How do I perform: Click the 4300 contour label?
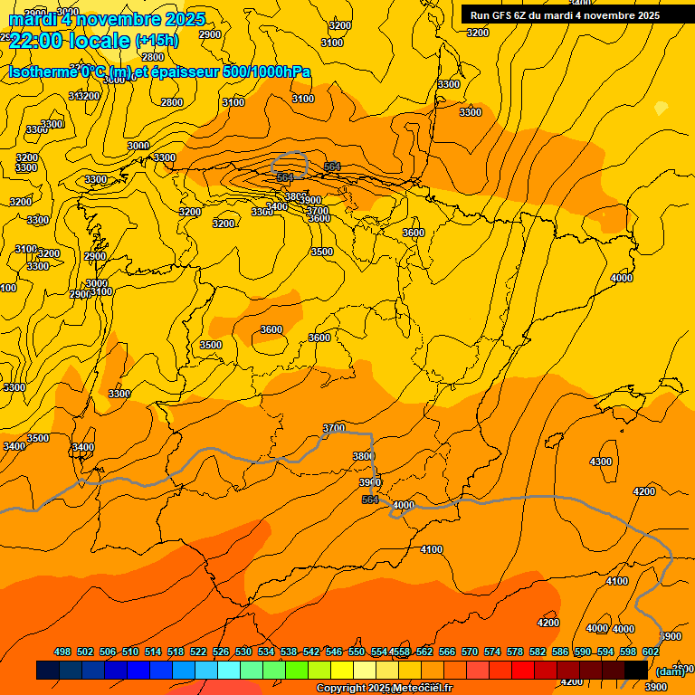point(601,462)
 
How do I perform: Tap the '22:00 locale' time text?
point(70,39)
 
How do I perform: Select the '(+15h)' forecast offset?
point(157,41)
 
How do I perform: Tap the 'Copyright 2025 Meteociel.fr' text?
point(384,689)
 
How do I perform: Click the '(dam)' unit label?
point(670,671)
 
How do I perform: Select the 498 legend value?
point(62,652)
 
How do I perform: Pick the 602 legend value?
point(651,652)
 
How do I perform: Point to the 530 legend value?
point(243,652)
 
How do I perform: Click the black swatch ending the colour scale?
point(636,670)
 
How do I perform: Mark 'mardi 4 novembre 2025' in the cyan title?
point(107,19)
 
